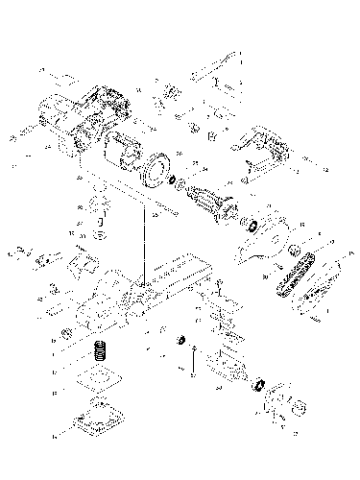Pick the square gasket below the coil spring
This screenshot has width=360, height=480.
tap(97, 375)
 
